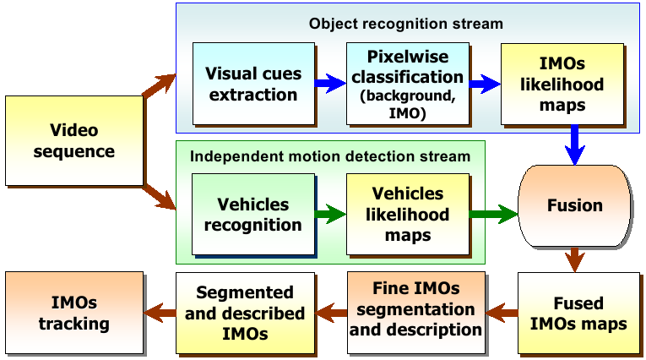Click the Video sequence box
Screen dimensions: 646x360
tap(74, 140)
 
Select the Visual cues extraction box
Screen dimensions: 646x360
tap(253, 84)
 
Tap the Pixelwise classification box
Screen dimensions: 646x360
tap(408, 84)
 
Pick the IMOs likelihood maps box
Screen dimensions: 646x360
tap(562, 84)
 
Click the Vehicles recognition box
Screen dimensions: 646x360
tap(253, 215)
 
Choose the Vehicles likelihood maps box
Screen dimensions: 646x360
tap(408, 215)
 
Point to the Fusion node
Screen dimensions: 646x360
tap(575, 205)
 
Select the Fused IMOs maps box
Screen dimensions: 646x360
tap(578, 313)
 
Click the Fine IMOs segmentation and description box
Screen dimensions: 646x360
tap(416, 313)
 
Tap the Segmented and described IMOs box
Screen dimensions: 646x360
tap(245, 313)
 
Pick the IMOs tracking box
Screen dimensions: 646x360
tap(74, 313)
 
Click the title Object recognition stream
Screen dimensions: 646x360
tap(406, 24)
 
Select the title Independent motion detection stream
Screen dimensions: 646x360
tap(330, 156)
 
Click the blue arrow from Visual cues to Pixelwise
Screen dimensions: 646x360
tap(330, 84)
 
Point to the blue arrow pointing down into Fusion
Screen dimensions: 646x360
tap(575, 145)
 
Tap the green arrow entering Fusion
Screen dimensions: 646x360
tap(493, 214)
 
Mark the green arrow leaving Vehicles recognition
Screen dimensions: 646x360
tap(330, 214)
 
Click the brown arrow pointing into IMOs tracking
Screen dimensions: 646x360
tap(160, 313)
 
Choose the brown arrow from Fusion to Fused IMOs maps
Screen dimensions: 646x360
tap(575, 259)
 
